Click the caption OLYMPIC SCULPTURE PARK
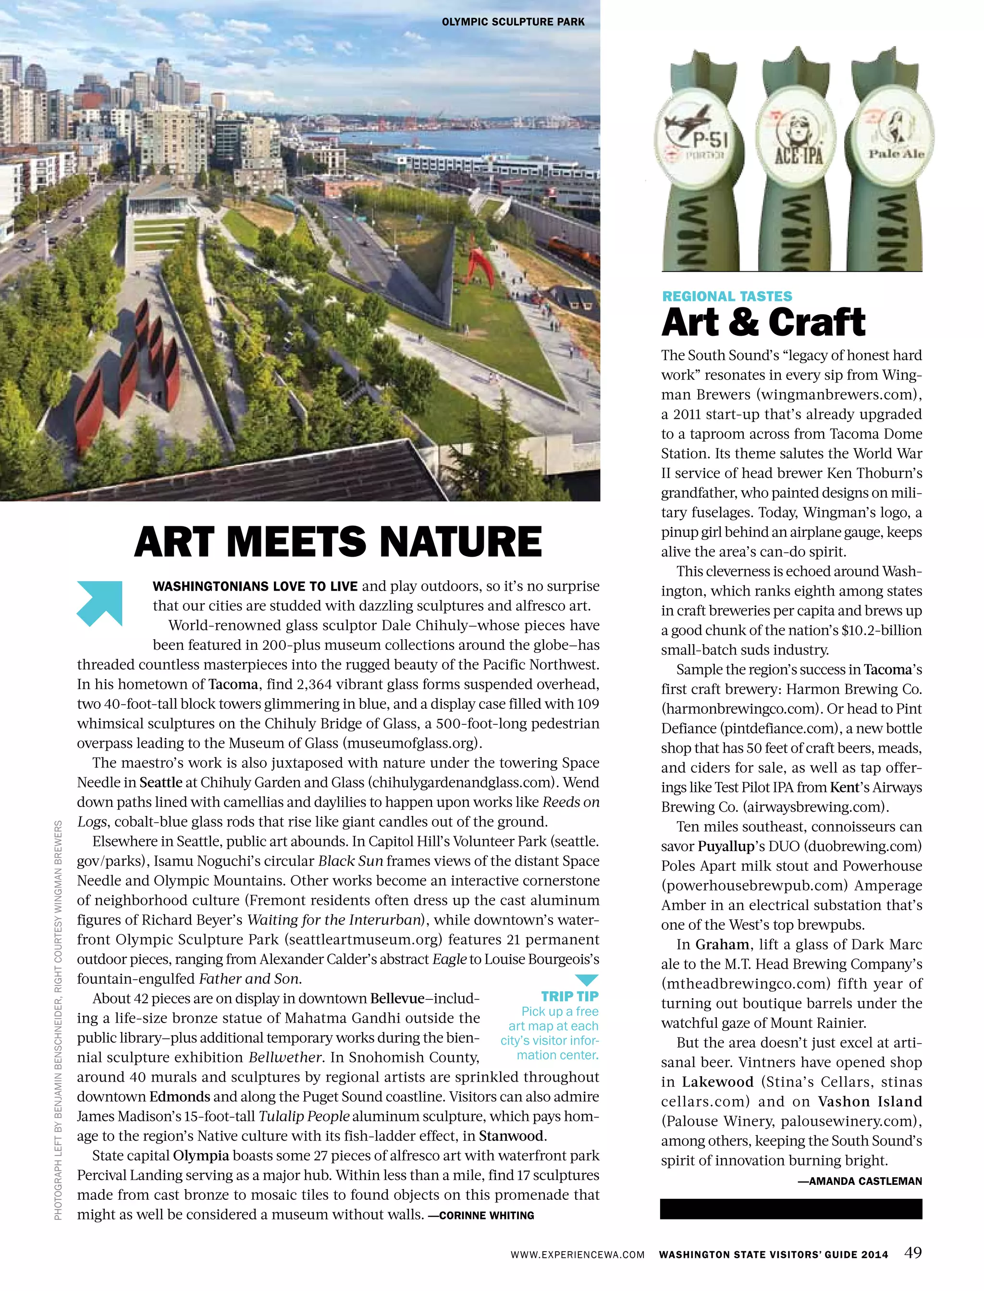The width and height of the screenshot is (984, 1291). pos(513,22)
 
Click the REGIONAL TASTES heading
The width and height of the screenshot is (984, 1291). pos(727,296)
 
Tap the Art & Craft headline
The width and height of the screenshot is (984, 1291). pos(763,323)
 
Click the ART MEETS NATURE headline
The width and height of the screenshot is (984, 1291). pos(338,542)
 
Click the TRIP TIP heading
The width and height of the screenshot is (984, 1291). pos(569,996)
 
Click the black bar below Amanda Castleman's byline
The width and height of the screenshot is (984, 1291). pos(791,1208)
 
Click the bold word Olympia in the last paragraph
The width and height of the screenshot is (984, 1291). pos(201,1155)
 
